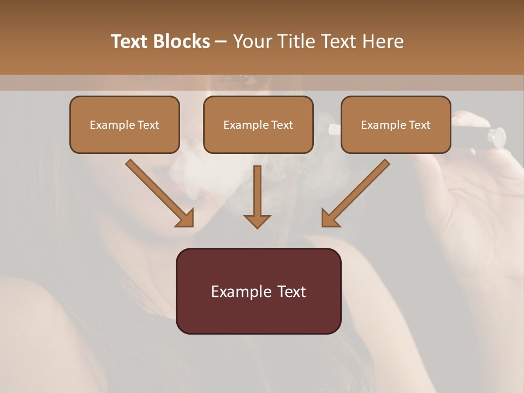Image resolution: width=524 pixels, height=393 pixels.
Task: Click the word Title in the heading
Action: (293, 41)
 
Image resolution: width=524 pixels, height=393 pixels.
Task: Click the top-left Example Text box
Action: (124, 125)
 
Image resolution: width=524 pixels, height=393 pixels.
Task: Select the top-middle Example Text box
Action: (258, 125)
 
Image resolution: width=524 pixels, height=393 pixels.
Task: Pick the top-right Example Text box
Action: (396, 125)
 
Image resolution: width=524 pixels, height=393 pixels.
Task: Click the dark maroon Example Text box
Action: (258, 291)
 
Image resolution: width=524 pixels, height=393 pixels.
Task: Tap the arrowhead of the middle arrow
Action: (257, 221)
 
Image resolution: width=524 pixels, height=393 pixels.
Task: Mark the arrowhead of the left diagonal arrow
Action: (185, 218)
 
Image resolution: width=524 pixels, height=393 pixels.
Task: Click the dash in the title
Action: (221, 41)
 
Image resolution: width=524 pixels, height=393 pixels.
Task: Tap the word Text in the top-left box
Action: (148, 125)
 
